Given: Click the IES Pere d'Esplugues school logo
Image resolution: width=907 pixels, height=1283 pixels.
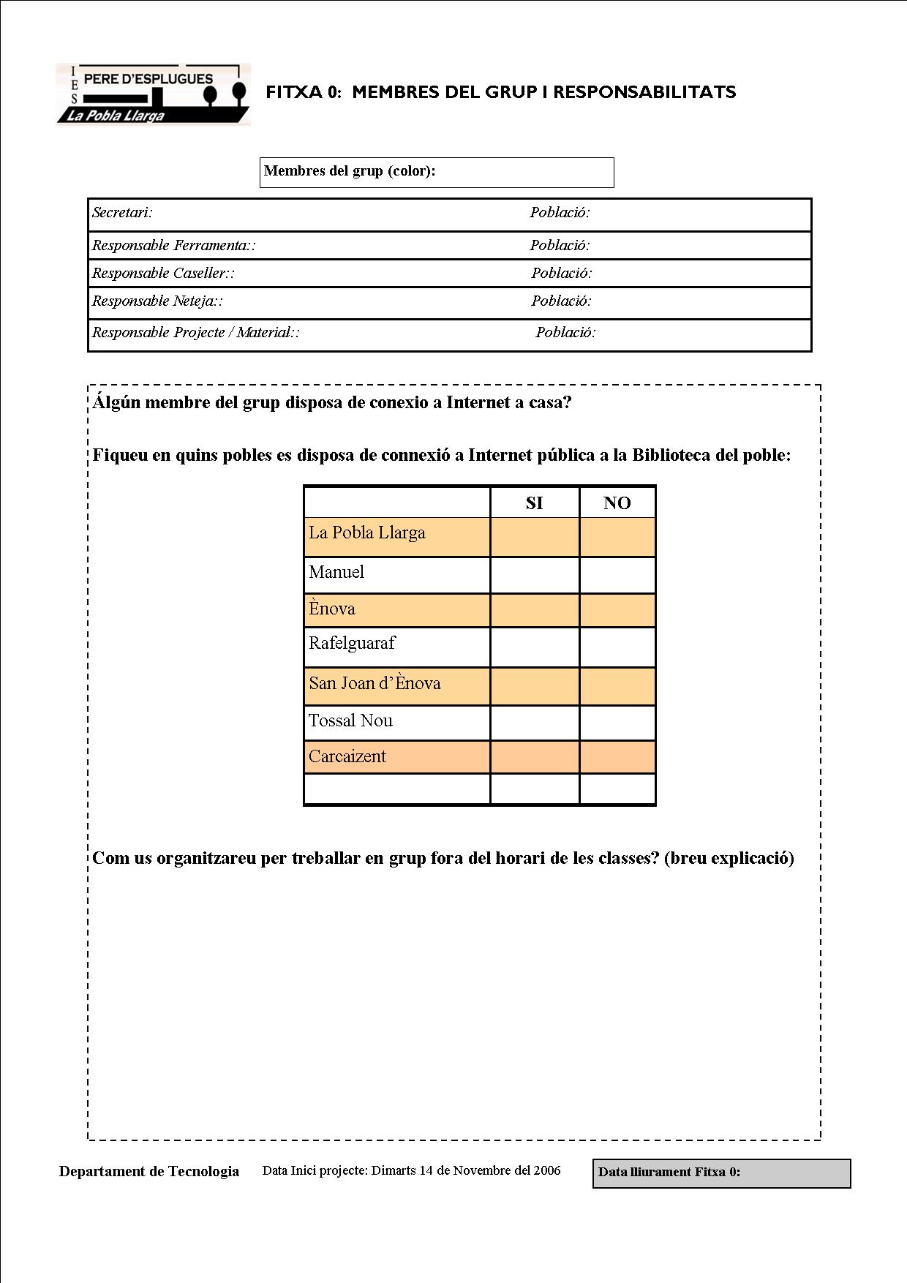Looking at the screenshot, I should point(153,94).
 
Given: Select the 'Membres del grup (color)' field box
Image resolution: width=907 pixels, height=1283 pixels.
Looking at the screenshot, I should point(437,173).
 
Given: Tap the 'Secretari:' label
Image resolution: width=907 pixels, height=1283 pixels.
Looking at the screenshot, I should point(122,213).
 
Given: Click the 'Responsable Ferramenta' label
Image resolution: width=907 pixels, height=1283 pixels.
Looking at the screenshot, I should point(173,246).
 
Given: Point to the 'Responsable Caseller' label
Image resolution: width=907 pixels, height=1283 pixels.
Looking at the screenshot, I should point(163,274).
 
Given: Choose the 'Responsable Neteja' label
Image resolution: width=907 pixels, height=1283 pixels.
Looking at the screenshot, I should point(157,301).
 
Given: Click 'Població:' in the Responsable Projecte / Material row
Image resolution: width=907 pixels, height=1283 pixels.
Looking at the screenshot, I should point(565,333).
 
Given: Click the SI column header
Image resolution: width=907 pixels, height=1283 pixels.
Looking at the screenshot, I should point(534,503).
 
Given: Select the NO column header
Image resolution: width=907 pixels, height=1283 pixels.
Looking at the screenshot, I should point(617,503).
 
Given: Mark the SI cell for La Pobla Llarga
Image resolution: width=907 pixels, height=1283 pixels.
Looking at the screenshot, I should point(535,538).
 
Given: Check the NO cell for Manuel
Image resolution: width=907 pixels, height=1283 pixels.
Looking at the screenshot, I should point(617,575).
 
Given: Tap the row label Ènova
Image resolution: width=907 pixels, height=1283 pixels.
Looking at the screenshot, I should point(332,609).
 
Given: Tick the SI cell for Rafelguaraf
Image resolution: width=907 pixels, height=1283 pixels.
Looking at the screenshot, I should point(535,647).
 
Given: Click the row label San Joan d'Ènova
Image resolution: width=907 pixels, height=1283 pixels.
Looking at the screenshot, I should point(375,684).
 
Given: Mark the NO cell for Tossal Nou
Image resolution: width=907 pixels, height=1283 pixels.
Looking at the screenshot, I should point(617,723).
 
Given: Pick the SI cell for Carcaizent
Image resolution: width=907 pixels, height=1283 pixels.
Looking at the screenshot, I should point(535,757).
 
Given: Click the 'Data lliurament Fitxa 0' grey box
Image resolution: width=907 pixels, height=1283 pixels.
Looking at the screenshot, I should point(721,1173).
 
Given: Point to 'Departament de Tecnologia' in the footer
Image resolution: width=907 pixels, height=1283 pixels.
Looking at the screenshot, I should point(149,1172).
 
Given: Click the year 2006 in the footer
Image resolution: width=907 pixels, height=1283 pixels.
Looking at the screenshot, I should point(547,1170).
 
